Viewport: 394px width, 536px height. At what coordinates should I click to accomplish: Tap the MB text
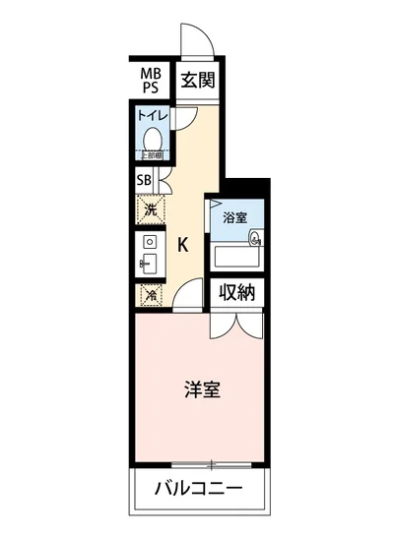(150, 74)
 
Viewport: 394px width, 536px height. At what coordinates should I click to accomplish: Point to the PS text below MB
(150, 89)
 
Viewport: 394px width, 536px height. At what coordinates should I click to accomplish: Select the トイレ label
(153, 116)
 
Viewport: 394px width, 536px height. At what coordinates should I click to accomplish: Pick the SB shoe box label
(144, 180)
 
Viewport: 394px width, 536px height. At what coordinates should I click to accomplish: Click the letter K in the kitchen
(183, 246)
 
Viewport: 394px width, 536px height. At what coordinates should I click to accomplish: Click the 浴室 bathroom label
(234, 216)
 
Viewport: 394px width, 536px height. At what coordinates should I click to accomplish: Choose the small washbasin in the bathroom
(256, 237)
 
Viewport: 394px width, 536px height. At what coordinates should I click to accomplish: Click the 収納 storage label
(237, 292)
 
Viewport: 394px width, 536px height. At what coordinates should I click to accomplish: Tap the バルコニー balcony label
(200, 489)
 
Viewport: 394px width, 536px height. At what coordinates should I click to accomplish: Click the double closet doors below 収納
(237, 327)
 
